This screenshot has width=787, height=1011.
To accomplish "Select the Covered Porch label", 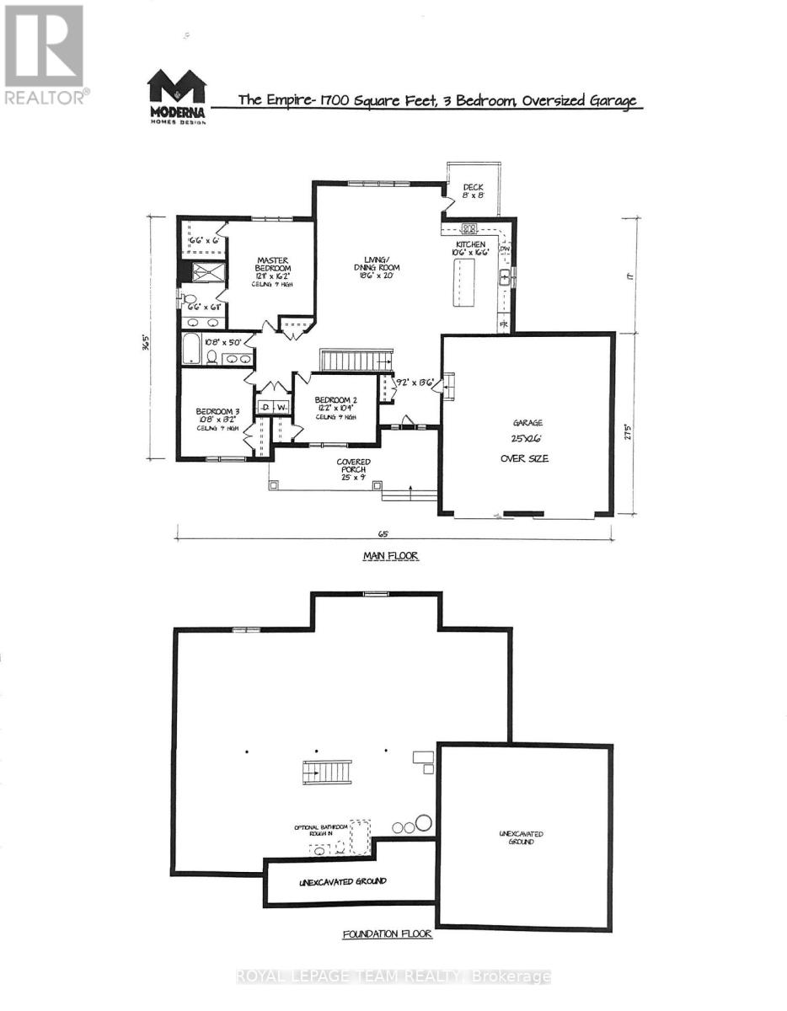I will point(355,467).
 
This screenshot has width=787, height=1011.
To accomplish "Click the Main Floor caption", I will point(390,556).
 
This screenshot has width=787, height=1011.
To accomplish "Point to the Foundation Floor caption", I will point(387,934).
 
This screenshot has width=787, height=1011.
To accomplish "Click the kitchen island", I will point(463,283).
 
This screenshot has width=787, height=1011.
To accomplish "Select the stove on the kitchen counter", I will point(468,227).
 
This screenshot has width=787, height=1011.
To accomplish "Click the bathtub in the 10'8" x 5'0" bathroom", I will point(192,348).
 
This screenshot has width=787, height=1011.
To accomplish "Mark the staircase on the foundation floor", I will point(326,771).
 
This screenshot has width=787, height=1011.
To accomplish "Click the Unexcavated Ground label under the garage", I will point(521,837).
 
